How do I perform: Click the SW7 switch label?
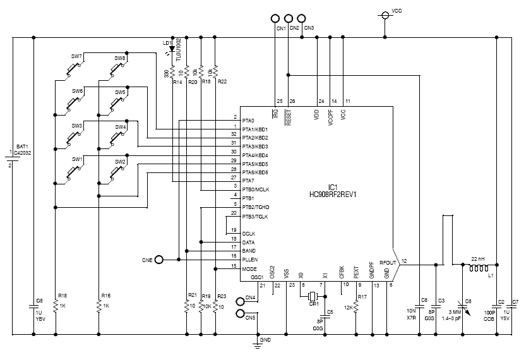tap(76, 57)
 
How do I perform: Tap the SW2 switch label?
tap(120, 162)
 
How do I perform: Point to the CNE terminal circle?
tap(159, 259)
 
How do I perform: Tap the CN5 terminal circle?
tap(239, 314)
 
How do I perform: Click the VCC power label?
tap(397, 11)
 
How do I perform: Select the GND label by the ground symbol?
tap(266, 340)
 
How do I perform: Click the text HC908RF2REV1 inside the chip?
tap(333, 194)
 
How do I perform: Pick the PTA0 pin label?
tap(248, 121)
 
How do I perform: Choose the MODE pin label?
tap(249, 268)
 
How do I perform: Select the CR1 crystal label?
tap(313, 304)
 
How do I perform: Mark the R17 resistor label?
tap(362, 296)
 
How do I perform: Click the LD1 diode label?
tap(166, 44)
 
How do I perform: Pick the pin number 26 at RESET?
tap(292, 100)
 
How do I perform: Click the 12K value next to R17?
tap(348, 308)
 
